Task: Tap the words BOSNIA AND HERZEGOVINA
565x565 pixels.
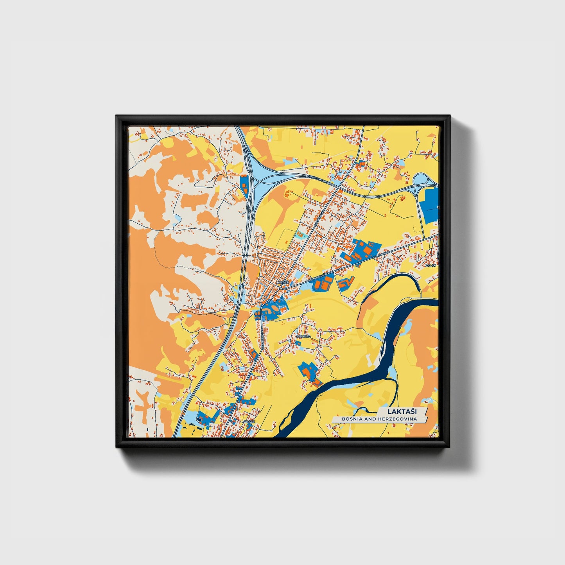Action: [379, 419]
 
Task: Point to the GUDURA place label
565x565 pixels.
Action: [303, 336]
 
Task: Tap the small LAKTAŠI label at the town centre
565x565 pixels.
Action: [282, 282]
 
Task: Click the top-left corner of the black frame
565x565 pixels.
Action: [116, 116]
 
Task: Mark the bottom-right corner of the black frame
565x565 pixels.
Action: [450, 447]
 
